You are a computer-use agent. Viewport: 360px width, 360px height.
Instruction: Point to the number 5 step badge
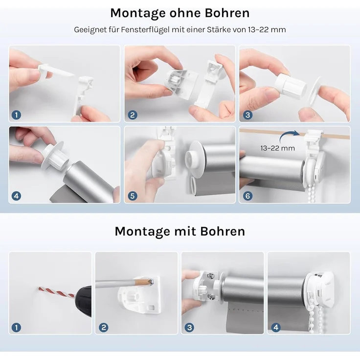132,196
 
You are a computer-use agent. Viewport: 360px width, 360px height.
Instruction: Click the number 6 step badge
247,196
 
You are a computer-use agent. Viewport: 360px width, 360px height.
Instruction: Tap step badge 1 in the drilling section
17,327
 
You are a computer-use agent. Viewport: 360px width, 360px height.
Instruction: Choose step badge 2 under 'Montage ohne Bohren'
132,115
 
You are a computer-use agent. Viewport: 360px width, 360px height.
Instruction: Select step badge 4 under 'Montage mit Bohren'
276,327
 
